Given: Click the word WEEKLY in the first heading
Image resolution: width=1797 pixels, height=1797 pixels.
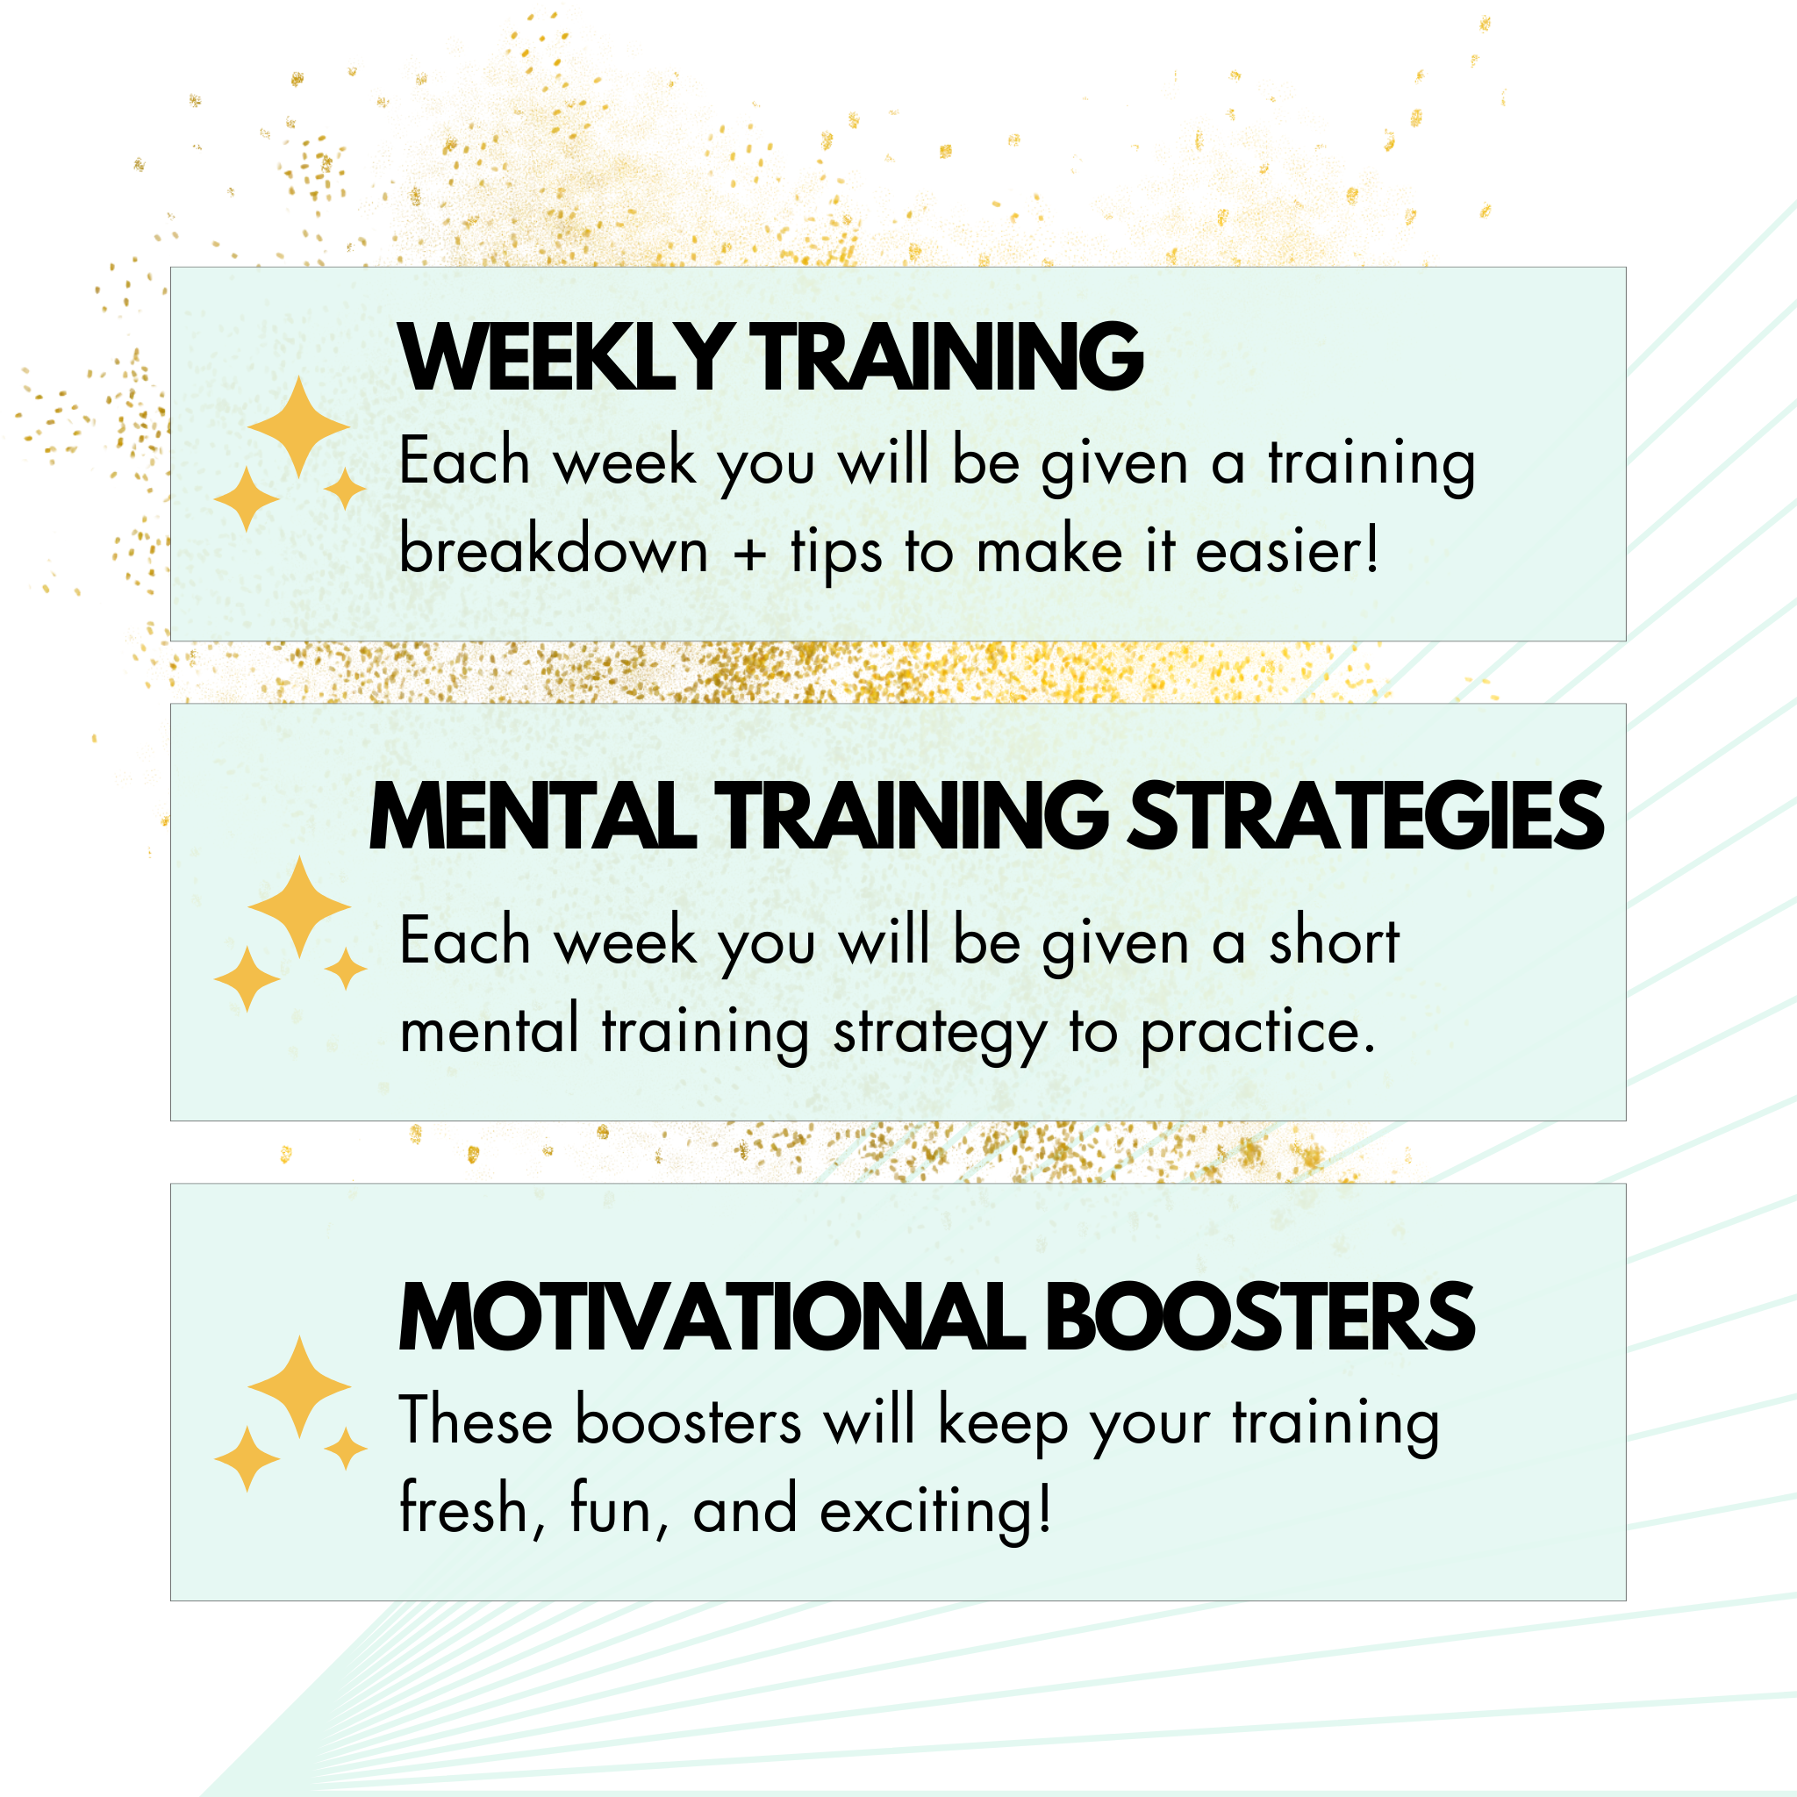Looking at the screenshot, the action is [x=563, y=356].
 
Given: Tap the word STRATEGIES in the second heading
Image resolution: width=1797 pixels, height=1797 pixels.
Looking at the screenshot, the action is [x=1365, y=816].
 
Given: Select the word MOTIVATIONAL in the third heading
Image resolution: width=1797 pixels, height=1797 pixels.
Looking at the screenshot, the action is [x=712, y=1317].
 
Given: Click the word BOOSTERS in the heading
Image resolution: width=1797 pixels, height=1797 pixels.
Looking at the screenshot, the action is [x=1260, y=1317].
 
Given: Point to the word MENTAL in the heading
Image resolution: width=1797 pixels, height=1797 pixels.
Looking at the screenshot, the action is [x=532, y=816].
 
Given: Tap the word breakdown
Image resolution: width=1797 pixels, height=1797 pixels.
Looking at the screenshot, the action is [x=554, y=548].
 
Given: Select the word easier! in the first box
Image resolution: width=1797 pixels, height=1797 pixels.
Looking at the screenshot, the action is [x=1286, y=549].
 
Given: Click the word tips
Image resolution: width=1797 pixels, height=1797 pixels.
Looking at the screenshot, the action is [x=836, y=555].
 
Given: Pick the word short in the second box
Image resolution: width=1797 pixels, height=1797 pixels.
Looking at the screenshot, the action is [x=1335, y=941].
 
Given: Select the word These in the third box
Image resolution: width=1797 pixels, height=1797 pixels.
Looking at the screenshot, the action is [x=476, y=1420].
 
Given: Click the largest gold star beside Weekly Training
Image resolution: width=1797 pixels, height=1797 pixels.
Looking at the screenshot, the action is [x=298, y=428].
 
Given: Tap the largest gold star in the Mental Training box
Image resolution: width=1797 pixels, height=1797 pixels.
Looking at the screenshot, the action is [x=298, y=907].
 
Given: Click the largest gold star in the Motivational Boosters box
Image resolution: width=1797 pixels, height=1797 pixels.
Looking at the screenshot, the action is [x=298, y=1387].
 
